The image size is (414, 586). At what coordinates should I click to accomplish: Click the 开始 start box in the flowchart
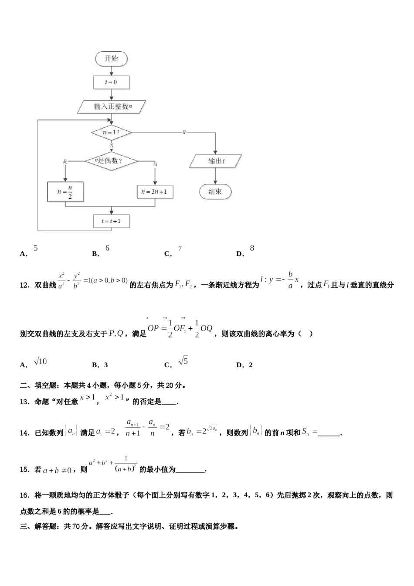tap(111, 58)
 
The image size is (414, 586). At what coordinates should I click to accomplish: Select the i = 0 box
tap(111, 82)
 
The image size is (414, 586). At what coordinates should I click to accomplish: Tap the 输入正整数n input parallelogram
tap(112, 106)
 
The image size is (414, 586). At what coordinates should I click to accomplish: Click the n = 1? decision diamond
tap(111, 132)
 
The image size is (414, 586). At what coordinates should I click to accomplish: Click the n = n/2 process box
tap(65, 191)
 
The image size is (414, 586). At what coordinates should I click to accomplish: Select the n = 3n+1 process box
tap(155, 191)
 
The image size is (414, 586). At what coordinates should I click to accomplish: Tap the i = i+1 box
tap(111, 221)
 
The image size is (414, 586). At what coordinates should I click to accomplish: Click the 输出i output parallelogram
tap(215, 161)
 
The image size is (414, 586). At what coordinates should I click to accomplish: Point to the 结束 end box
tap(215, 191)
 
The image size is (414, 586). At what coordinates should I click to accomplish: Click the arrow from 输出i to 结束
tap(215, 176)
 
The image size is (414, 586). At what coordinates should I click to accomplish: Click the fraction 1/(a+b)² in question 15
tap(126, 465)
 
